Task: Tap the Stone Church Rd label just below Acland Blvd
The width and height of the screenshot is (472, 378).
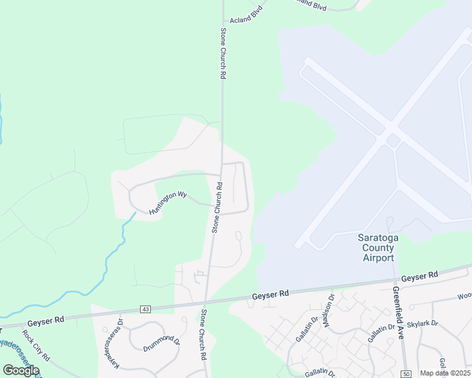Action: pos(223,53)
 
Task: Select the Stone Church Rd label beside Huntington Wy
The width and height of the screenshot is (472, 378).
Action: pos(216,207)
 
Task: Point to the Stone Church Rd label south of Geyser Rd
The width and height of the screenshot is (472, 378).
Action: pos(204,335)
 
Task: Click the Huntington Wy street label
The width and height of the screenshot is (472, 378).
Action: pos(169,203)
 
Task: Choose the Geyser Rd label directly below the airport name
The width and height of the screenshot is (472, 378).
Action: pos(420,276)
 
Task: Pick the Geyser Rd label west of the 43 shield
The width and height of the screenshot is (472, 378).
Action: pos(50,320)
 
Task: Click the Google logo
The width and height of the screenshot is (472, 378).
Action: pos(20,370)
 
